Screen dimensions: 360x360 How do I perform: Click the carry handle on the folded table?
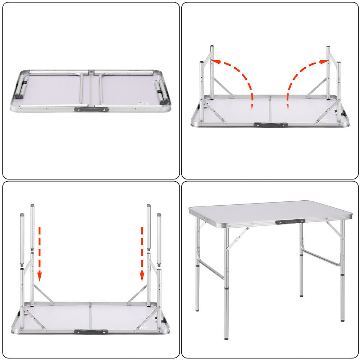pos(91,109)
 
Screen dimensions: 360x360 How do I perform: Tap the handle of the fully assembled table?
pos(290,222)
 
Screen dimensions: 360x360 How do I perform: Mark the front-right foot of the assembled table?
pos(342,318)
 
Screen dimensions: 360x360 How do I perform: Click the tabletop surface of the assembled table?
pos(270,212)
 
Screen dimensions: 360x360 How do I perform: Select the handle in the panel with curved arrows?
pos(270,125)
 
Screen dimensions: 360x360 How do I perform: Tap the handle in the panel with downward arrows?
pos(91,332)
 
